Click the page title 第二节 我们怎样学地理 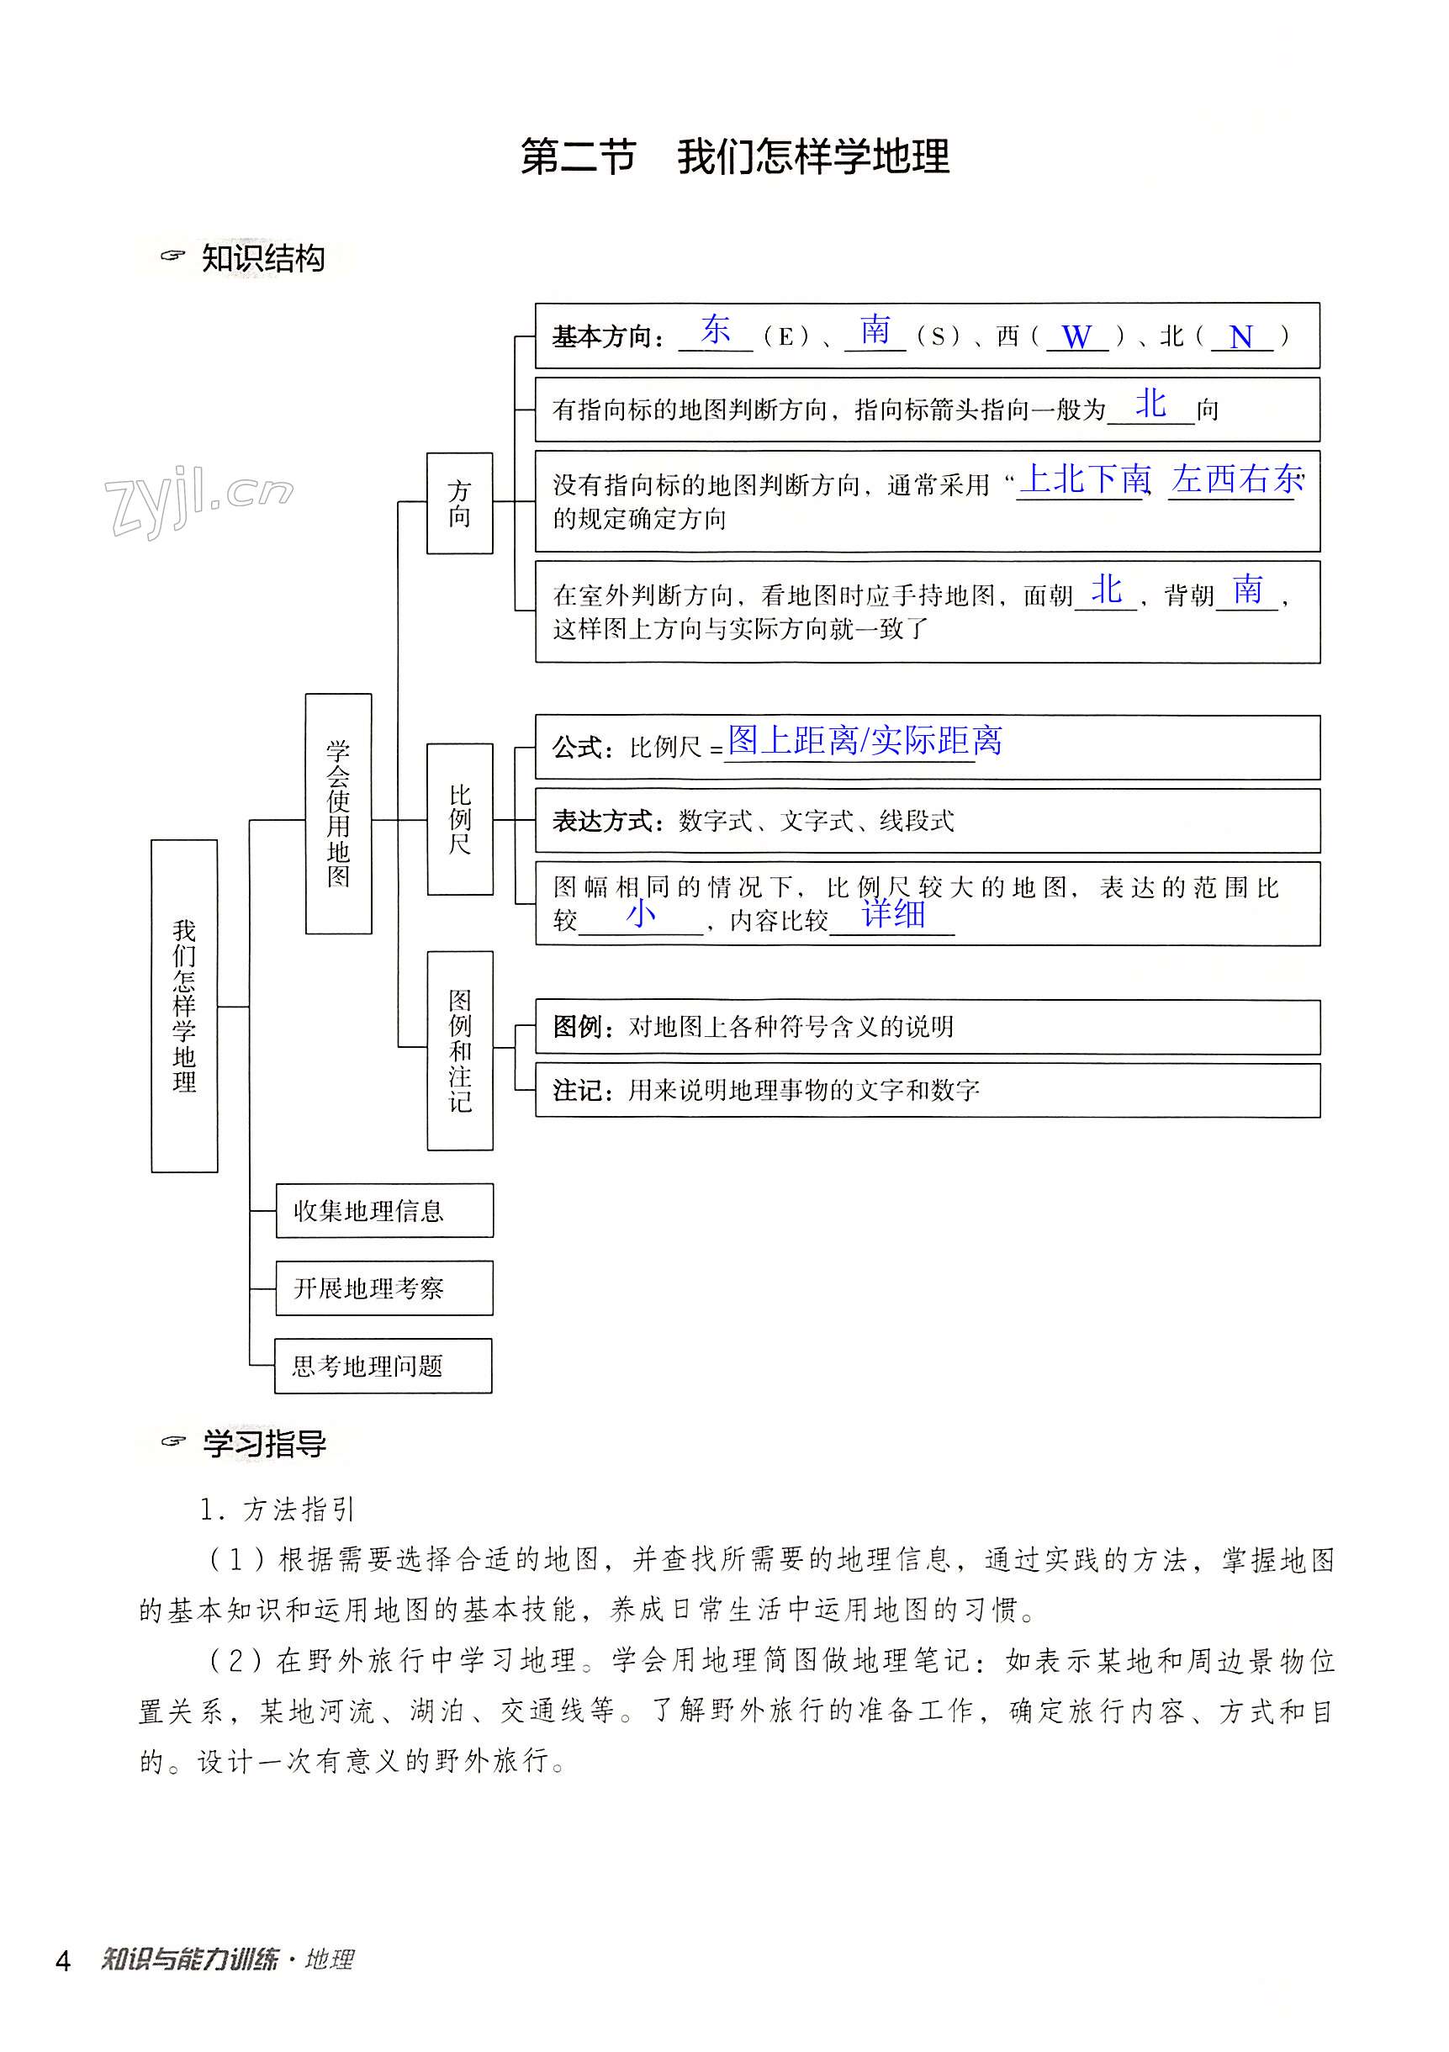pyautogui.click(x=734, y=157)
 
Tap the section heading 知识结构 pyautogui.click(x=262, y=259)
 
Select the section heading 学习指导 pyautogui.click(x=264, y=1443)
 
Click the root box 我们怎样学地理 pyautogui.click(x=184, y=1006)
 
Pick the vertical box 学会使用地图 pyautogui.click(x=338, y=813)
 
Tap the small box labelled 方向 pyautogui.click(x=459, y=503)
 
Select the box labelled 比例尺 pyautogui.click(x=459, y=818)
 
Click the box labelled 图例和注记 pyautogui.click(x=459, y=1050)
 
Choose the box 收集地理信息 pyautogui.click(x=383, y=1210)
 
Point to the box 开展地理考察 pyautogui.click(x=383, y=1288)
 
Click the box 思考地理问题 pyautogui.click(x=383, y=1366)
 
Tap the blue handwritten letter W pyautogui.click(x=1076, y=337)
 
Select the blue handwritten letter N pyautogui.click(x=1240, y=337)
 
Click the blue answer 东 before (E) pyautogui.click(x=716, y=330)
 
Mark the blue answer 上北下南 pyautogui.click(x=1084, y=480)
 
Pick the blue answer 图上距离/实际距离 pyautogui.click(x=865, y=740)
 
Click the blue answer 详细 pyautogui.click(x=893, y=914)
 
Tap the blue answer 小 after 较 pyautogui.click(x=641, y=913)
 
